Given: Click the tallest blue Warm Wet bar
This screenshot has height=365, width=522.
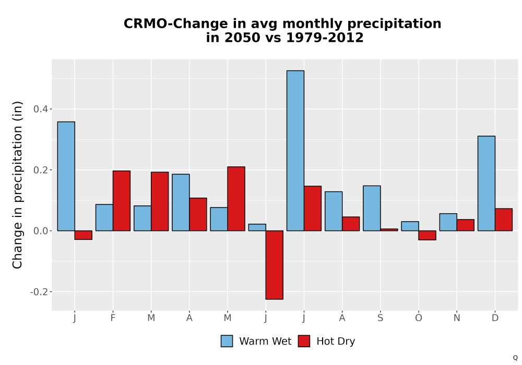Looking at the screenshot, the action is click(295, 151).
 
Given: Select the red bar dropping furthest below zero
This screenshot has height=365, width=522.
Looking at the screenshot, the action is click(275, 265).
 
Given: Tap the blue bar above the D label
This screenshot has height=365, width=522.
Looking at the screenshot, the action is click(487, 183).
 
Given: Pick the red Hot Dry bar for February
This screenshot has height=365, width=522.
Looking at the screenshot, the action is click(122, 201).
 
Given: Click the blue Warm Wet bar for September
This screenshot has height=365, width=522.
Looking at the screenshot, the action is click(372, 208).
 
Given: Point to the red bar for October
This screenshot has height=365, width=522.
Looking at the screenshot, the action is click(427, 235).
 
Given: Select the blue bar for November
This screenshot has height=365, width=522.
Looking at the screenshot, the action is click(448, 222).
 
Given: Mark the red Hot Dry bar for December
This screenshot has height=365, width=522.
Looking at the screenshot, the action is click(504, 220).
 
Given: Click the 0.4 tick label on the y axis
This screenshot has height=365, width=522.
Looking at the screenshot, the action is click(40, 109).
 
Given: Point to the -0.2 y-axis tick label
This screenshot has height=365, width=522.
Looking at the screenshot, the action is click(39, 292).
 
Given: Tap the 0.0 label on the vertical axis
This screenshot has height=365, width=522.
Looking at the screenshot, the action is click(40, 230).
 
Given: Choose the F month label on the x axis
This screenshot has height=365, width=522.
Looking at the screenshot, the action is click(113, 318).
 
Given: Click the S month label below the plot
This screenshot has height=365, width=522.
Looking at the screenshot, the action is click(380, 318).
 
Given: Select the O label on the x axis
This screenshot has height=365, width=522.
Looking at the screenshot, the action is click(419, 318).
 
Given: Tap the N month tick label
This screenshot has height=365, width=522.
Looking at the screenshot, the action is click(457, 318).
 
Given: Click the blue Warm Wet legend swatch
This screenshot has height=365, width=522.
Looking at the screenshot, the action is click(227, 341).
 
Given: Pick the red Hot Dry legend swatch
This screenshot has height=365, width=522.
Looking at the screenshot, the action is click(304, 341).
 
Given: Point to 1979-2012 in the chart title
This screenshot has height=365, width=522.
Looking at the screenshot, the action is click(325, 38).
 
